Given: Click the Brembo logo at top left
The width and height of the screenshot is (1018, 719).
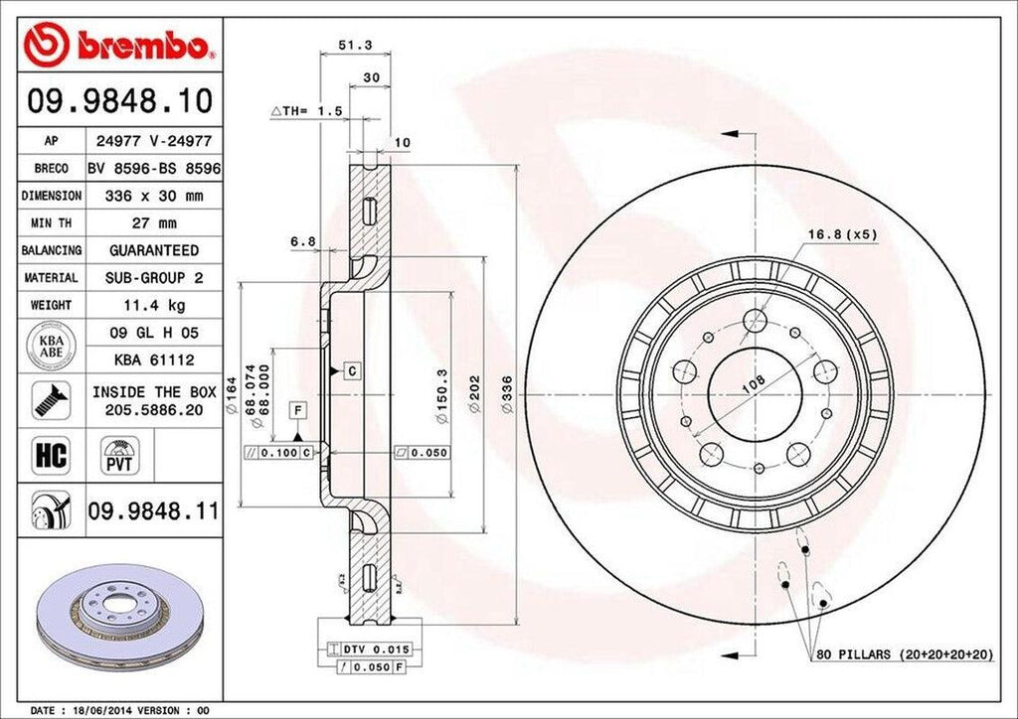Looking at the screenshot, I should (x=119, y=44).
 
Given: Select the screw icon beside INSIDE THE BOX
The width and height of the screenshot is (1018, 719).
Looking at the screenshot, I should (x=50, y=399).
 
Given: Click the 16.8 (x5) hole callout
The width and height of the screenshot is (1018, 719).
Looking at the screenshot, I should (x=841, y=235).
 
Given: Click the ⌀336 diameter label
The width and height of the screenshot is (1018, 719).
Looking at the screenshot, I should (x=506, y=394).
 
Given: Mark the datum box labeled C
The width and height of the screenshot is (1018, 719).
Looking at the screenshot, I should (x=352, y=370).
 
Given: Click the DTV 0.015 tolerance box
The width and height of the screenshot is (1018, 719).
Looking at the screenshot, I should (x=377, y=647).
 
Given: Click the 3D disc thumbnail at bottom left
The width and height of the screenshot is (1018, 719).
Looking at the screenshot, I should (x=118, y=616).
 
